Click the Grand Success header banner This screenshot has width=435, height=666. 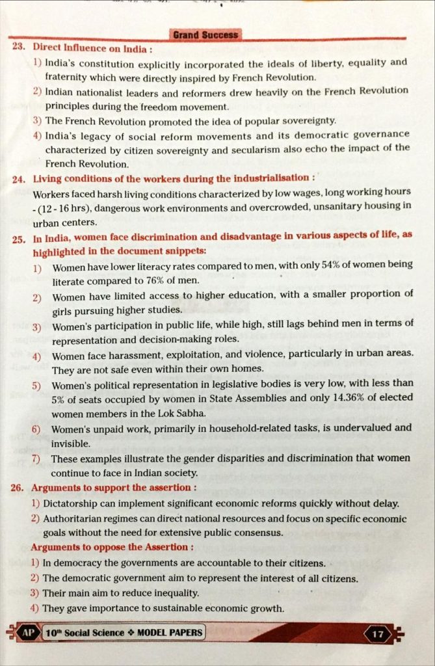(206, 34)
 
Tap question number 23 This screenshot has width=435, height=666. (19, 47)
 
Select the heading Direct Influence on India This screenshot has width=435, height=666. (93, 48)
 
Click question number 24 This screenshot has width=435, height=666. (18, 178)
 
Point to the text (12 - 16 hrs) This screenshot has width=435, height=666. (60, 206)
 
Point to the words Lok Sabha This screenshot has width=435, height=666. (186, 413)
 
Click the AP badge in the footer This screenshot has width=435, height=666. (27, 632)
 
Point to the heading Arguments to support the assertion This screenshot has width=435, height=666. (114, 487)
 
